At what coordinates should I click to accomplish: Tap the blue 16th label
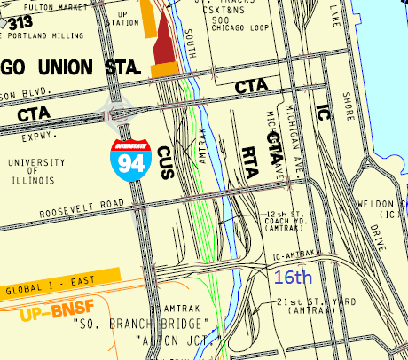[x=292, y=278]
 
